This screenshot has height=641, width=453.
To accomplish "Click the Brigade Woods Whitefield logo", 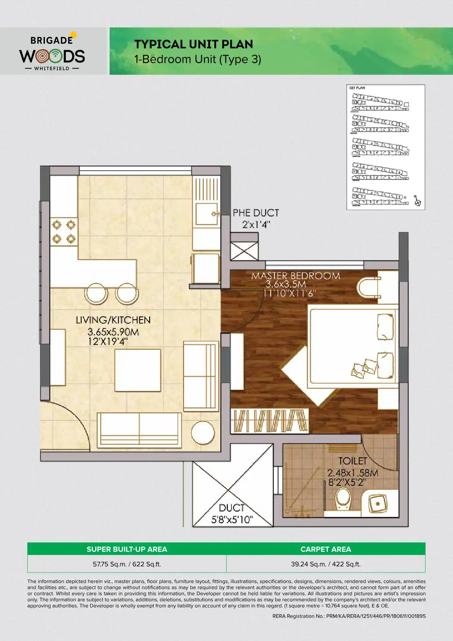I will [x=52, y=51].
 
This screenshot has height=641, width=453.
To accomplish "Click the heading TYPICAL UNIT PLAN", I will [x=193, y=44].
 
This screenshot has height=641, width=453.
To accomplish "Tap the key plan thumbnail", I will [x=385, y=147].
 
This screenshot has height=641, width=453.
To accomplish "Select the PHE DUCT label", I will [x=256, y=218].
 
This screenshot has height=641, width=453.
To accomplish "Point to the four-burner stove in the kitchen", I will [x=64, y=232].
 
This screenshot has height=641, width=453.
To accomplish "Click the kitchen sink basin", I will [x=206, y=214].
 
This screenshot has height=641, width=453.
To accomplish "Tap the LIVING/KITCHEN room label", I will [x=113, y=330].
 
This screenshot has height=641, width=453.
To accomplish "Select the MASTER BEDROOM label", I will [x=295, y=284].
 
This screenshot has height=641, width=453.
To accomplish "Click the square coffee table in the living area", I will [x=137, y=370].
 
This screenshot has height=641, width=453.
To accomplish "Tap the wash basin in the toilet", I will [x=377, y=504].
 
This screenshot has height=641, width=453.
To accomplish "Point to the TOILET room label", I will [x=353, y=472].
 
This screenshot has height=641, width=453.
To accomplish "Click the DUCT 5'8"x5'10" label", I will [x=232, y=513].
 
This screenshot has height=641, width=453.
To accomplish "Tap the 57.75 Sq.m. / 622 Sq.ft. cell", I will [x=127, y=564].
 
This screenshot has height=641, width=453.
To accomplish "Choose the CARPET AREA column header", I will [x=325, y=549].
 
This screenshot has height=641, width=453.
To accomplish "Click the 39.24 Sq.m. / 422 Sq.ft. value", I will [x=325, y=564].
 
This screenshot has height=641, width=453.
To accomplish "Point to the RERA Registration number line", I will [x=349, y=616].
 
